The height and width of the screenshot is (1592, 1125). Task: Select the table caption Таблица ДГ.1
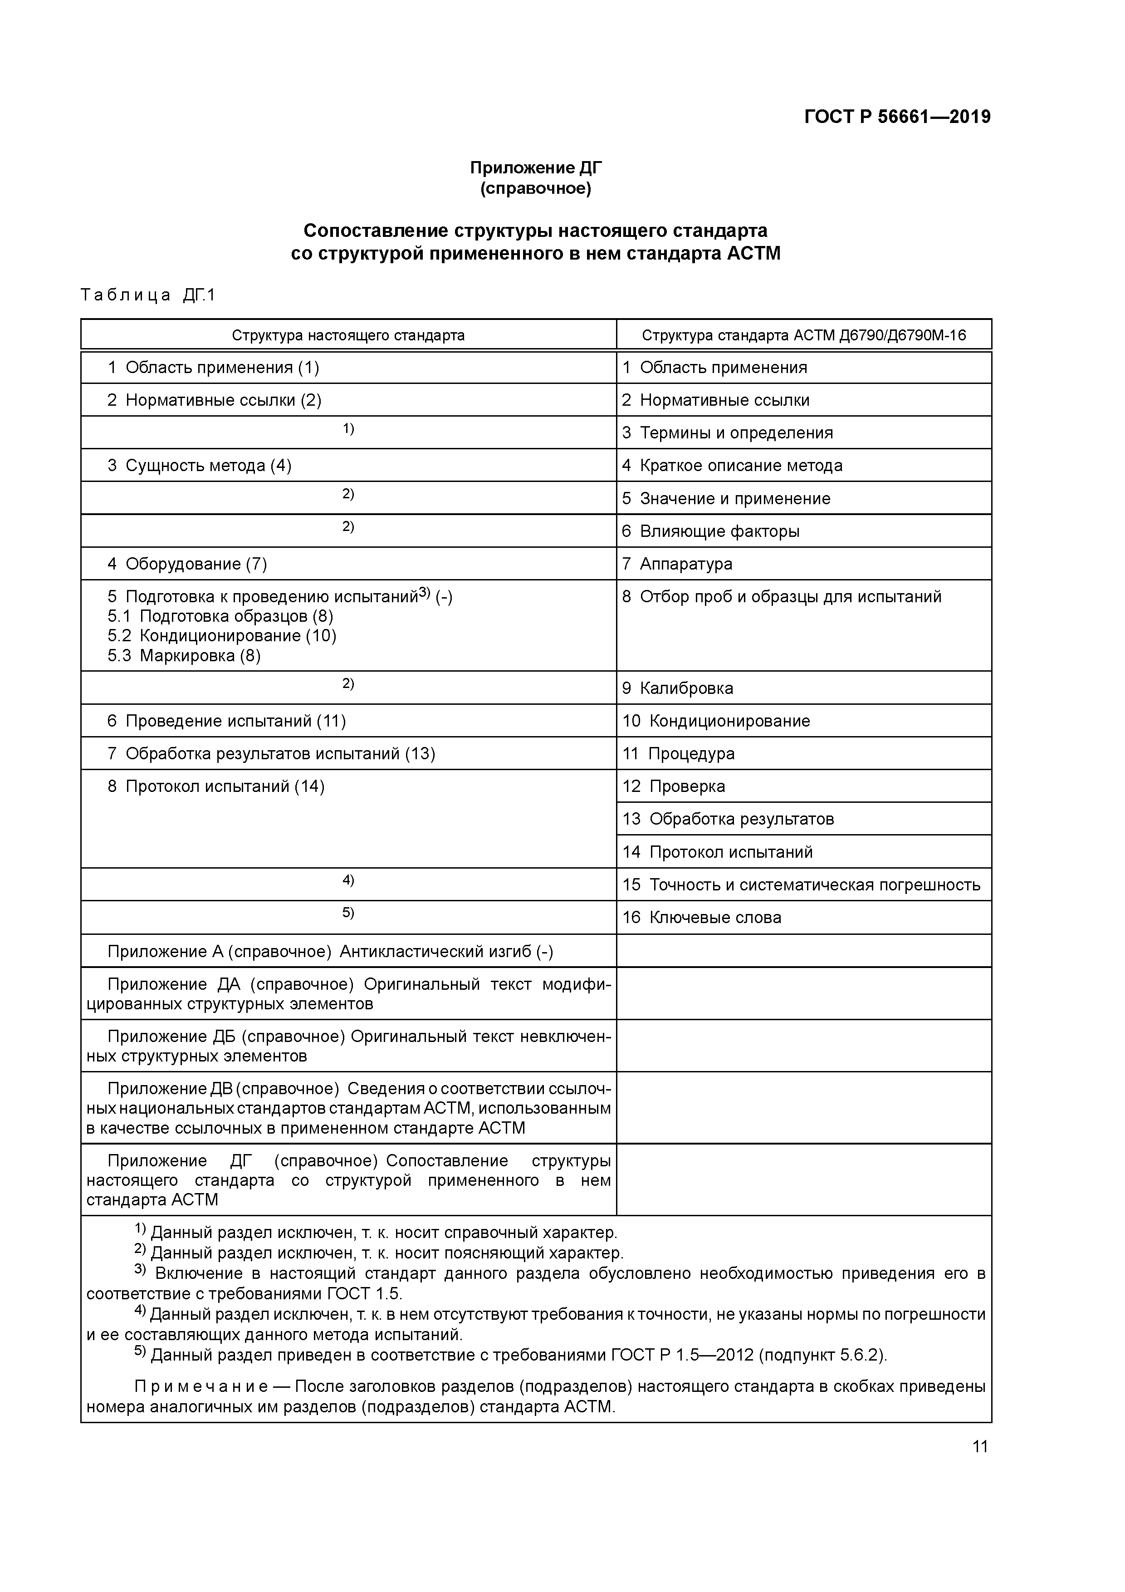(148, 295)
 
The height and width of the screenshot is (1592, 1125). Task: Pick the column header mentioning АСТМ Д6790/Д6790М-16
(803, 335)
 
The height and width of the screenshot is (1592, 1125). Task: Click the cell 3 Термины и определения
(727, 432)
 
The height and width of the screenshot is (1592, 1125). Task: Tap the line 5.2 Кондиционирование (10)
(222, 635)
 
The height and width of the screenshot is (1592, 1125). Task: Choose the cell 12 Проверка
(673, 786)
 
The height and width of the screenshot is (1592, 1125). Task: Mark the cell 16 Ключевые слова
(701, 917)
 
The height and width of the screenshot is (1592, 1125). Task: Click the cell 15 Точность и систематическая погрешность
(801, 885)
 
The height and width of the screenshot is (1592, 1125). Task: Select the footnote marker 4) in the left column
(348, 880)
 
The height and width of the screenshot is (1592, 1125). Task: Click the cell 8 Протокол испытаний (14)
(215, 786)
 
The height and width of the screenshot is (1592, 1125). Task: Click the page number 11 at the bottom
(979, 1446)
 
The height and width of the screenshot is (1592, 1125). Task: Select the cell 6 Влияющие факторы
(710, 531)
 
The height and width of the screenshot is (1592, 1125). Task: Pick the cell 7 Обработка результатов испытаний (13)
(271, 754)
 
